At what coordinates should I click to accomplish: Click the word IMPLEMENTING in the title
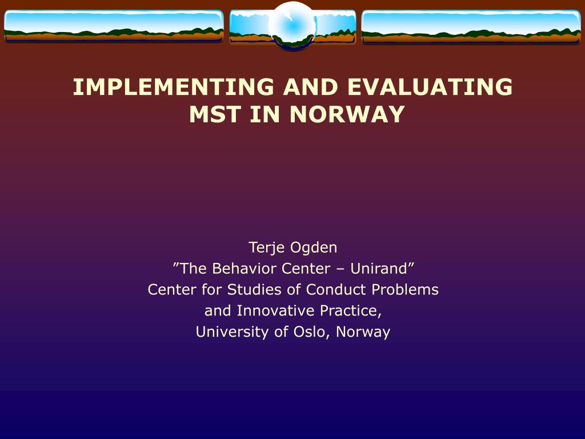(174, 87)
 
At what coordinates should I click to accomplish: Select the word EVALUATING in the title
(430, 87)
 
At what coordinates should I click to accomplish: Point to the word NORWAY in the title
(347, 114)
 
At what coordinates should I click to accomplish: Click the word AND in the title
(310, 87)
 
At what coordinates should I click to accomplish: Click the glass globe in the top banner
(293, 25)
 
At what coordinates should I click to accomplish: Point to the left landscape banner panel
(114, 26)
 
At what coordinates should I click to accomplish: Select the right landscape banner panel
(471, 27)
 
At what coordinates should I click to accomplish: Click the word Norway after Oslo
(363, 332)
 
